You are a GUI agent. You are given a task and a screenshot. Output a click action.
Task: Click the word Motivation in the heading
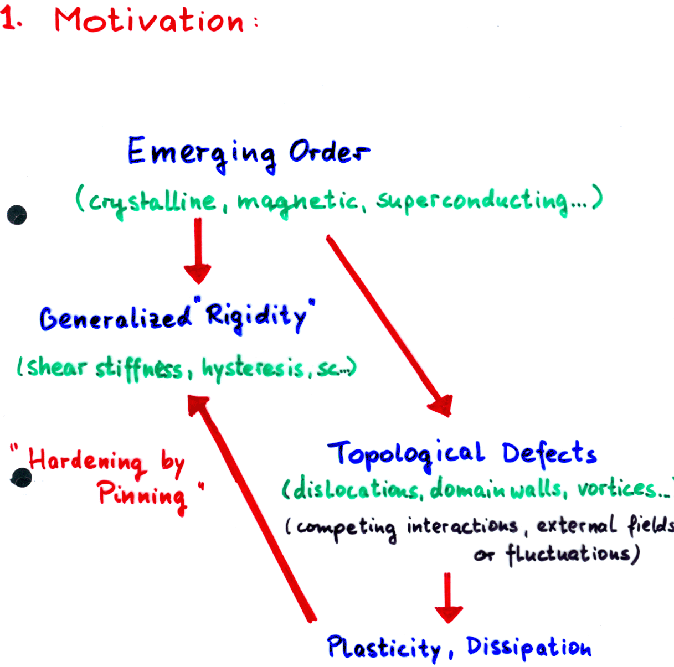tap(149, 20)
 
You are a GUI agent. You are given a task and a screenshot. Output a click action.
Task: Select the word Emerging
tap(202, 155)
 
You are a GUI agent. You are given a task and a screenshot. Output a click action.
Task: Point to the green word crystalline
tap(152, 203)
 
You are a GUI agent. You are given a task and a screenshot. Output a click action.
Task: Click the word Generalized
tap(115, 318)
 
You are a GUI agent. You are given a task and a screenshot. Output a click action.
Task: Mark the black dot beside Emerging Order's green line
tap(17, 215)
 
